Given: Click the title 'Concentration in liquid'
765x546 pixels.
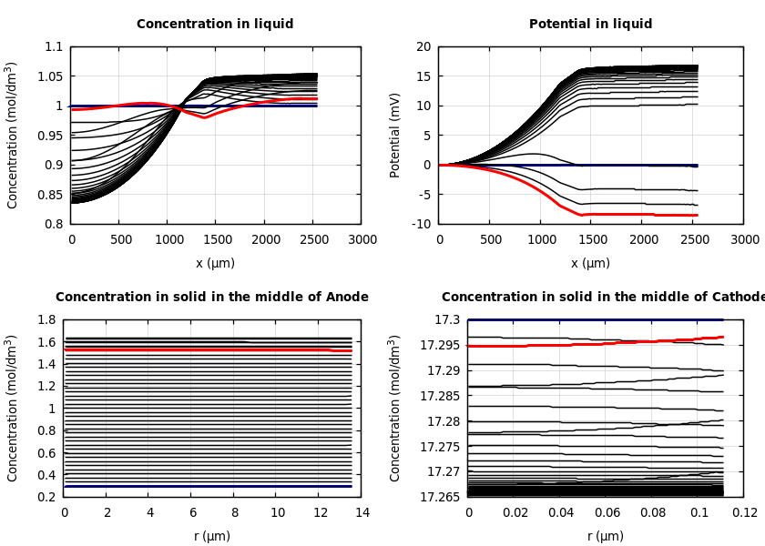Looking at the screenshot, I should [x=215, y=25].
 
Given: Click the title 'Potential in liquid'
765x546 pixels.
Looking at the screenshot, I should [x=590, y=25].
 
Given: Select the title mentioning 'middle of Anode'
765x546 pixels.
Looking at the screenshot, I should [x=212, y=298].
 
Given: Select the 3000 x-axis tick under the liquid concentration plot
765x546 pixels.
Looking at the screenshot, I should [x=362, y=239].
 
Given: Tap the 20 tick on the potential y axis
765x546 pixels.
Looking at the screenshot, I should [x=423, y=47].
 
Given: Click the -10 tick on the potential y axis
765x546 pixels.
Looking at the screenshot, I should [x=421, y=224].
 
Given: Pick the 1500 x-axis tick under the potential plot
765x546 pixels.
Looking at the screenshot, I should [x=592, y=239].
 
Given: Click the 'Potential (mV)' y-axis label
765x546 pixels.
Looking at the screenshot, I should [x=395, y=135].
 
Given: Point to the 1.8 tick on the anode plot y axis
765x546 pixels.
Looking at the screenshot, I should [x=47, y=320].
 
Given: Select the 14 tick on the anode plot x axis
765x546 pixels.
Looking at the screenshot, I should [x=362, y=512].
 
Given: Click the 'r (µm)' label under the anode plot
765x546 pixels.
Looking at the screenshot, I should [x=212, y=537].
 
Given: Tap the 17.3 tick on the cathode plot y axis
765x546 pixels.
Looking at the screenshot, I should [x=448, y=320].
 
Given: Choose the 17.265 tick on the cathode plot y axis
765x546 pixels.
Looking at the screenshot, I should [x=441, y=497].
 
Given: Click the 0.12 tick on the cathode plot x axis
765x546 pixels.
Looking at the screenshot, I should [x=744, y=512].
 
